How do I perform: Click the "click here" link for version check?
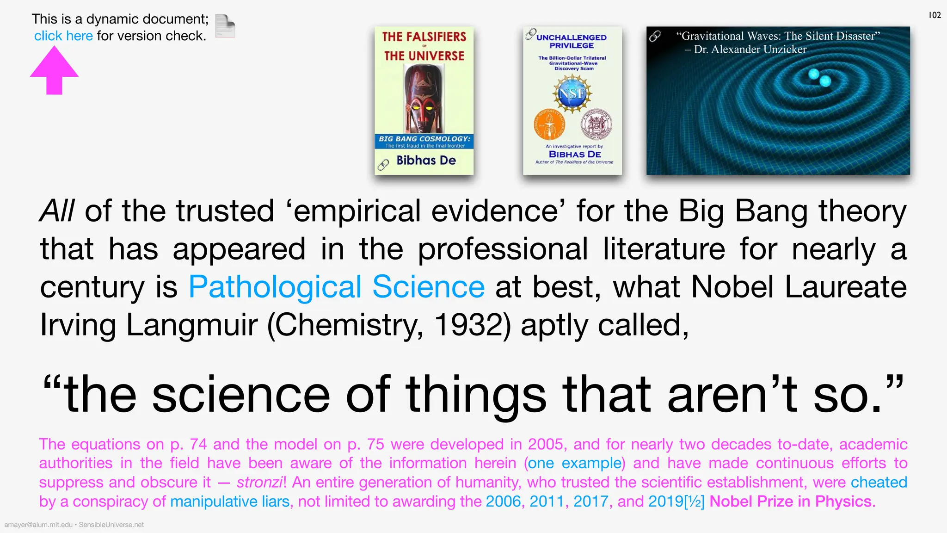click(x=63, y=36)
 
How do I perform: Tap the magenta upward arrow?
click(x=54, y=71)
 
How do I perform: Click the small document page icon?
click(x=225, y=26)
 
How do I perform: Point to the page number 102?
click(x=935, y=15)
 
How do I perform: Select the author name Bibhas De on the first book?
click(x=426, y=161)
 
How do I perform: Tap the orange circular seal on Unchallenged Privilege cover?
click(x=548, y=124)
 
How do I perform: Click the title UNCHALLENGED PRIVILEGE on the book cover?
click(x=572, y=41)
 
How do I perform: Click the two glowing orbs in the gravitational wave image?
click(x=819, y=78)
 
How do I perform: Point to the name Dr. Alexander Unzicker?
click(x=750, y=50)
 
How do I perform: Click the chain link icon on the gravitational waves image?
click(x=655, y=36)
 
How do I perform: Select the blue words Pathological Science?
click(x=337, y=287)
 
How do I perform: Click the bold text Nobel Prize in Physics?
click(x=792, y=502)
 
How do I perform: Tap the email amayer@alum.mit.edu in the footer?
click(x=38, y=525)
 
